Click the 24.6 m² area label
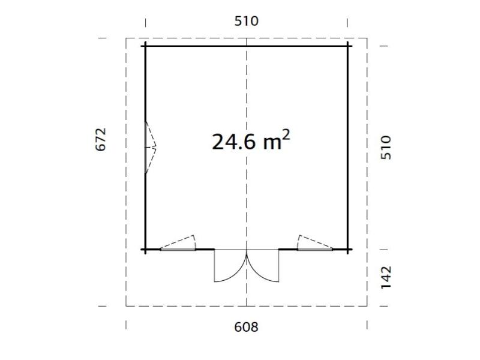pos(251,141)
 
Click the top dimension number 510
pos(247,21)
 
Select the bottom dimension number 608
pos(247,327)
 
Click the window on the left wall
pos(149,148)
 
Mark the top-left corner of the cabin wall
pos(145,46)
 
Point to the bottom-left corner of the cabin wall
pos(145,249)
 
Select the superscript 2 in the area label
pos(286,134)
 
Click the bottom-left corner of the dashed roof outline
pos(126,306)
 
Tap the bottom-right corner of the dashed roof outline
pos(367,306)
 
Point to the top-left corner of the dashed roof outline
pos(126,38)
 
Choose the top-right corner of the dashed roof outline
pos(367,38)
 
